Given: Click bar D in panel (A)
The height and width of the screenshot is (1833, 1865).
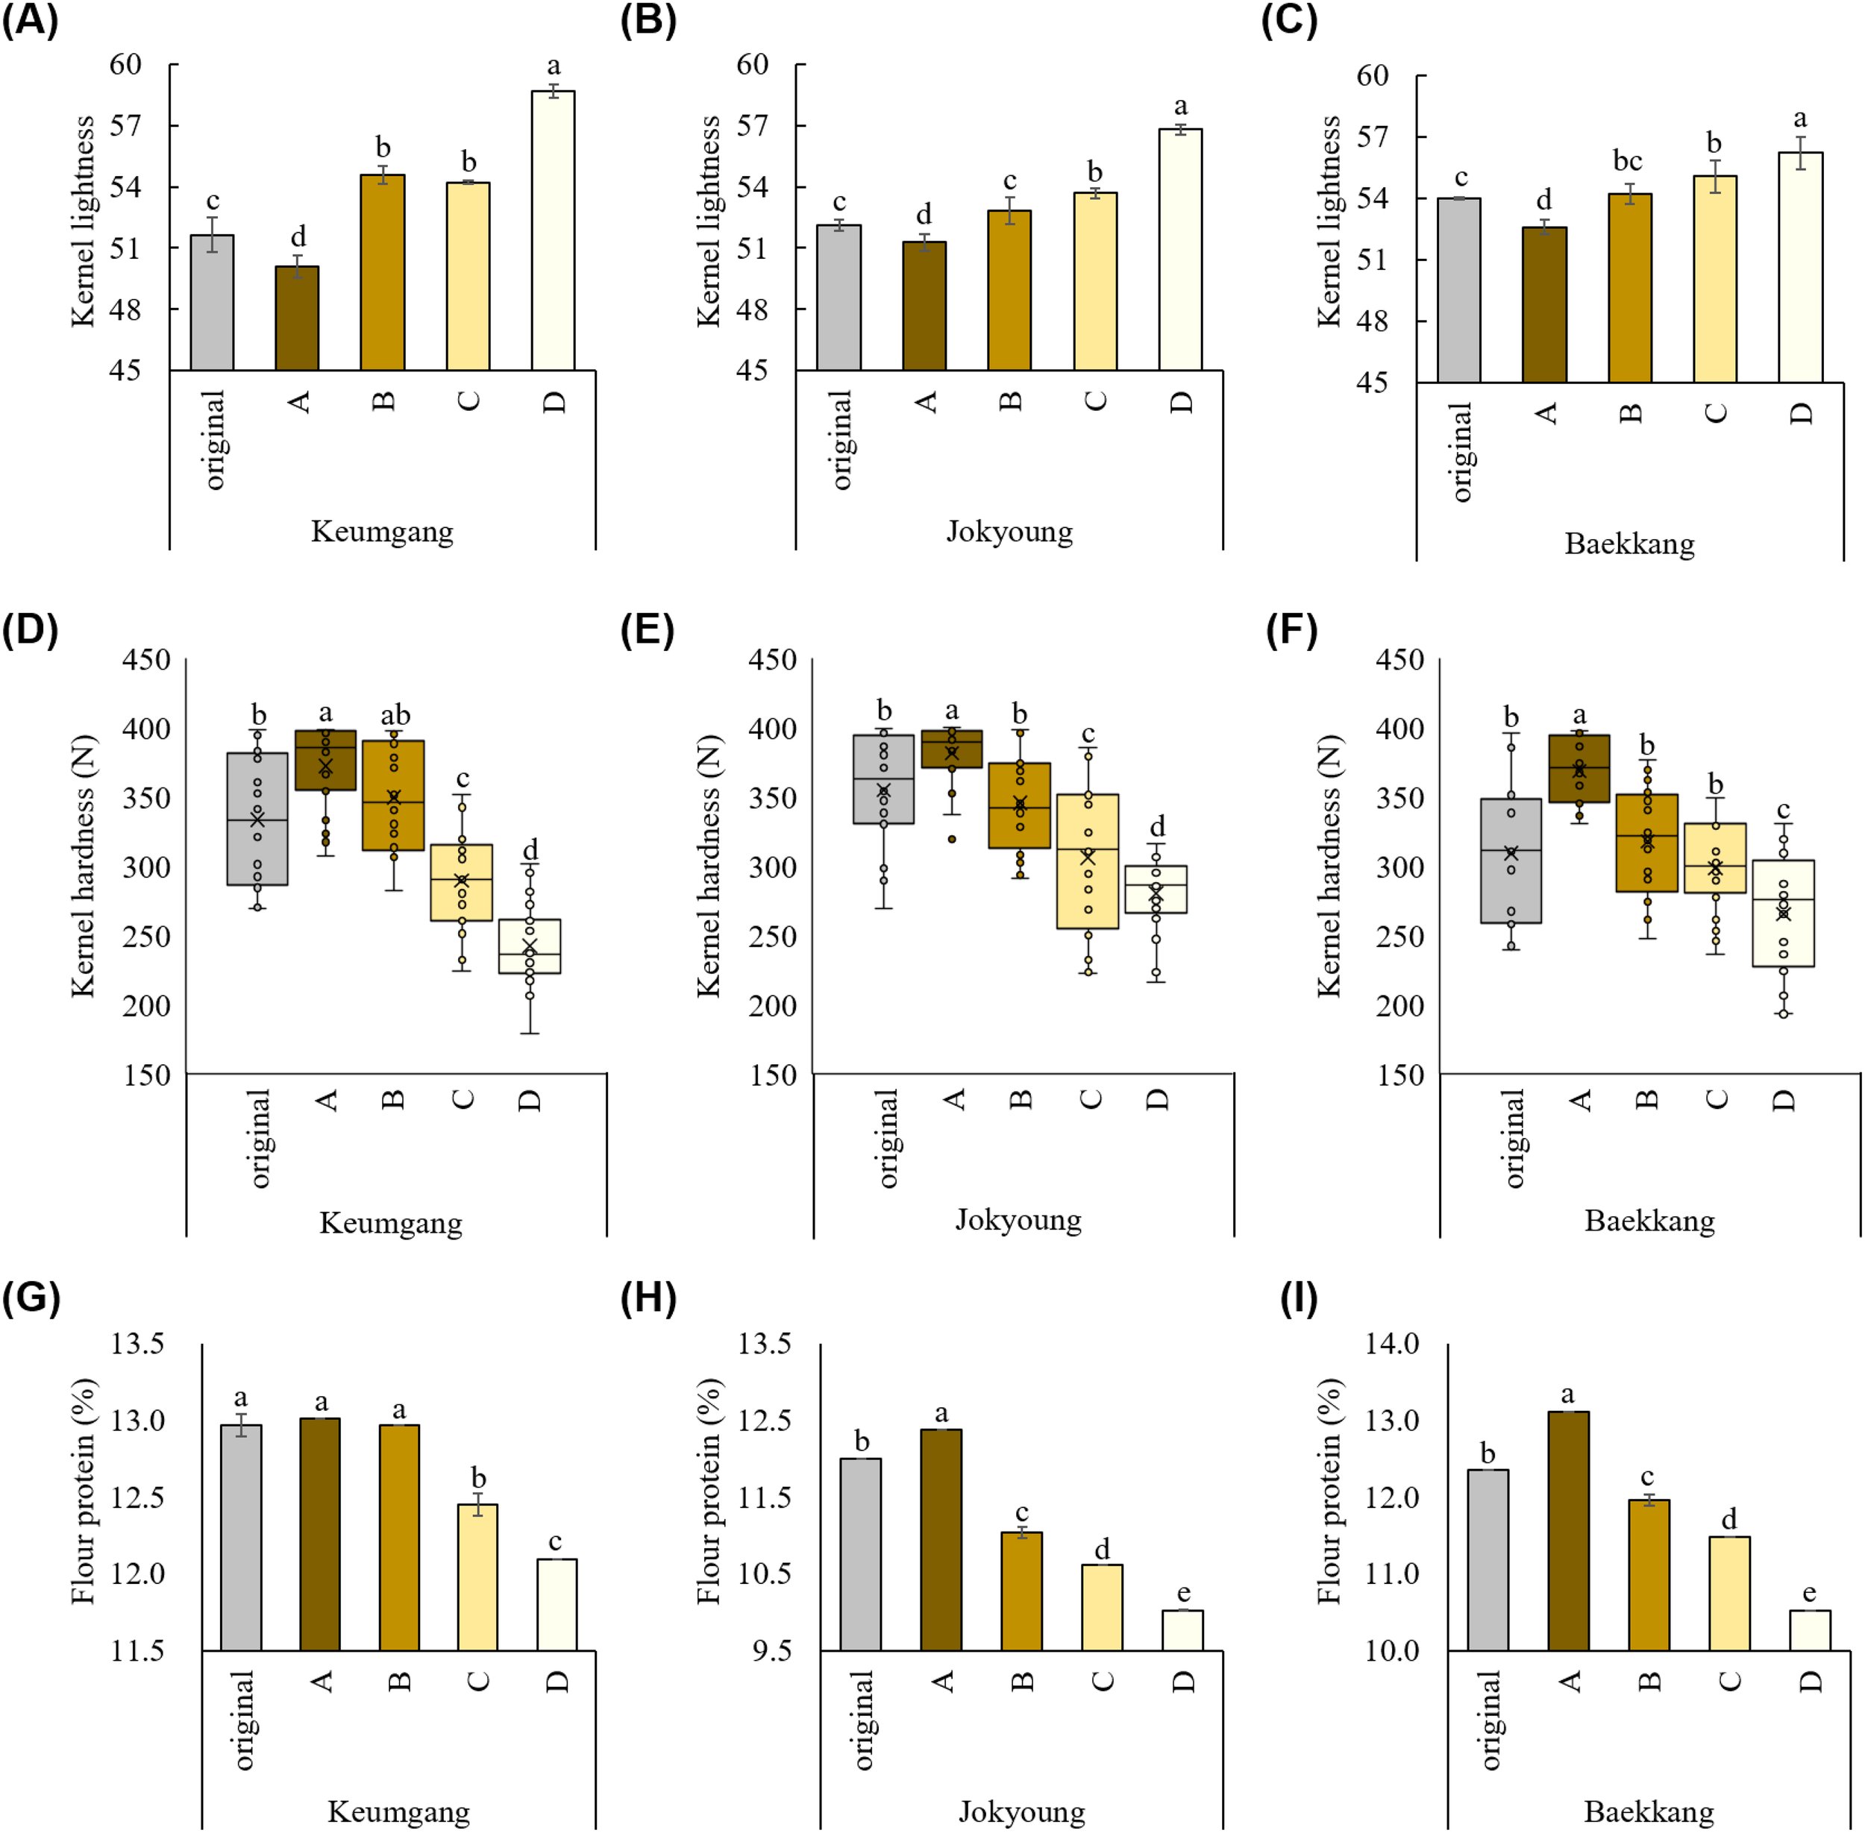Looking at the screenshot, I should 553,231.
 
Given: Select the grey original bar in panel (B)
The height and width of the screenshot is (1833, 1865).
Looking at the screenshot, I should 839,298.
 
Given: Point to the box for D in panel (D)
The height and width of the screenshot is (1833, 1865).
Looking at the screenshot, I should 530,946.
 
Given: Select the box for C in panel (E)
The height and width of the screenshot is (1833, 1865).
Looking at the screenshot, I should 1088,861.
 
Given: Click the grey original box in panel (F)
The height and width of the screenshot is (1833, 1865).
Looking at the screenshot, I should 1511,861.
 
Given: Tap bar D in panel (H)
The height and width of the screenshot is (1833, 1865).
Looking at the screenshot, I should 1182,1631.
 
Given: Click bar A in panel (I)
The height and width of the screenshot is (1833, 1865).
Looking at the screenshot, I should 1568,1531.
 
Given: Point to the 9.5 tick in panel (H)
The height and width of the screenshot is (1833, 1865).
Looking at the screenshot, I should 771,1652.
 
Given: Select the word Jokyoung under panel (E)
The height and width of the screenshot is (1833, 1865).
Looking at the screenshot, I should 1019,1221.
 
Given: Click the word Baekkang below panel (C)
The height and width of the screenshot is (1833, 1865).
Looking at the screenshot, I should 1629,544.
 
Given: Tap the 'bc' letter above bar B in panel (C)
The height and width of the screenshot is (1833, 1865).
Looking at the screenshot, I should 1627,161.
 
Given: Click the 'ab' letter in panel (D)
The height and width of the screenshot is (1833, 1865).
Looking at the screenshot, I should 395,715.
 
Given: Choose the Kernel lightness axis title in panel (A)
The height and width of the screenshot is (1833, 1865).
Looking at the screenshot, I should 84,221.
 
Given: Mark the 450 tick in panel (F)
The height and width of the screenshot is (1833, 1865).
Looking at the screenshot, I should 1400,661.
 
